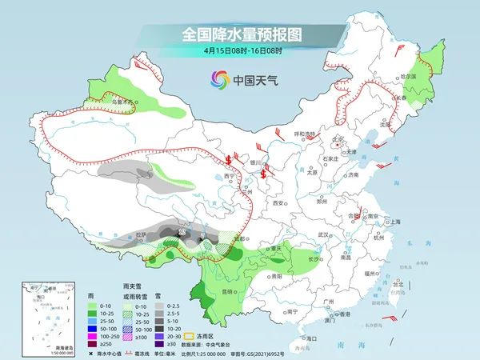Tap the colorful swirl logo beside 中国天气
[218, 79]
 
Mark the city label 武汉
[323, 234]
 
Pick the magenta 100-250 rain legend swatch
[90, 336]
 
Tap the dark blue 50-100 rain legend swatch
[90, 327]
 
